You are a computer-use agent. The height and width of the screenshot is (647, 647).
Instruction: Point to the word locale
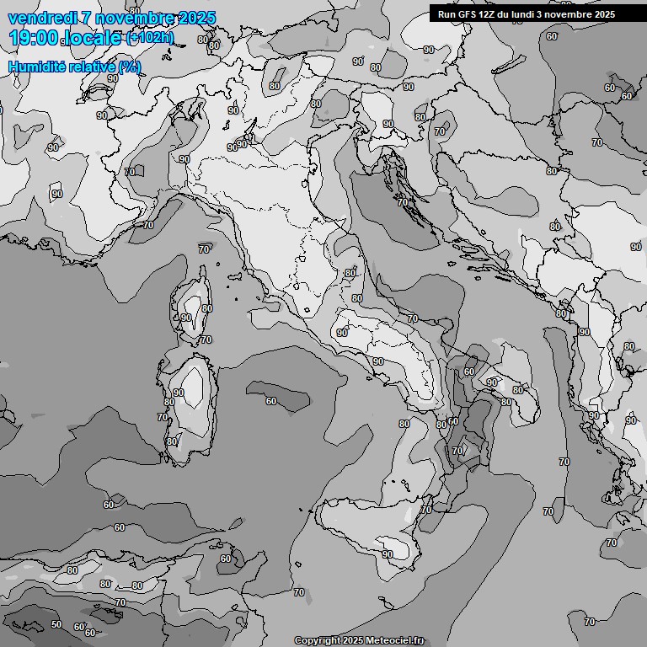coord(93,39)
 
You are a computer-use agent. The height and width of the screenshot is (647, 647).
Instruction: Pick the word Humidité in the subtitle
coord(39,67)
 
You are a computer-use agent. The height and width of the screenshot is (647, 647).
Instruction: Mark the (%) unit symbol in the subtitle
coord(130,67)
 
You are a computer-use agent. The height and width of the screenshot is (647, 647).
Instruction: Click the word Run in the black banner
coord(446,14)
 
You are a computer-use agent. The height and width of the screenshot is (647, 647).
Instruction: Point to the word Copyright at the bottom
coord(318,640)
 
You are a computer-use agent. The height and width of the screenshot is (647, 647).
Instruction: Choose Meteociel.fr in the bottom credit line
coord(396,640)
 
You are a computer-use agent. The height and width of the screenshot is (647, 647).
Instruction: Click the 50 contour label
coord(56,624)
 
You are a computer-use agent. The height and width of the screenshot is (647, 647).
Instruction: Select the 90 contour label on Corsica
coord(186,318)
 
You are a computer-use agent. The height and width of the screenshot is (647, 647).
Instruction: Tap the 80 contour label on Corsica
coord(206,308)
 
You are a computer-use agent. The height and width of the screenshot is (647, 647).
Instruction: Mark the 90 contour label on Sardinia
coord(178,393)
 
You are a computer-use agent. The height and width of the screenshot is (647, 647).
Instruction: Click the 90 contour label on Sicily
coord(387,553)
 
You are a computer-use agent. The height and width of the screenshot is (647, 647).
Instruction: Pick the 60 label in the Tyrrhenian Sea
coord(271,401)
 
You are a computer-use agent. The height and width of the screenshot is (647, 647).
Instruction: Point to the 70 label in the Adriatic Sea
coord(402,202)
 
